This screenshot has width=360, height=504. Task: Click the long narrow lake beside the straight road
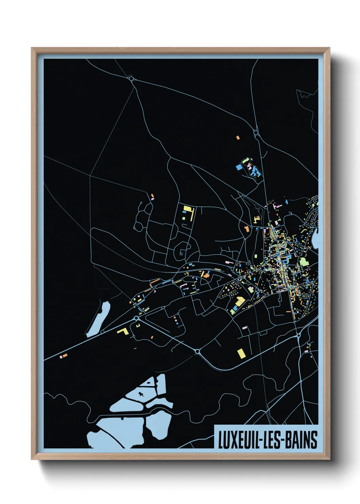click(99, 319)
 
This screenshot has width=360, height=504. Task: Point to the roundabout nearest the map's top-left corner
click(131, 79)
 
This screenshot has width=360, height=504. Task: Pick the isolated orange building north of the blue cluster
click(238, 138)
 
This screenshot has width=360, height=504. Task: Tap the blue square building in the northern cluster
click(239, 167)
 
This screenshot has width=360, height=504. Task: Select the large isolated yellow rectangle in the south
click(241, 353)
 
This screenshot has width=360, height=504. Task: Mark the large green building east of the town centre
click(304, 262)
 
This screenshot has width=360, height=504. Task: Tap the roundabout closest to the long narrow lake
click(136, 318)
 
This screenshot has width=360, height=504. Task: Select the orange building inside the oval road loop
click(246, 228)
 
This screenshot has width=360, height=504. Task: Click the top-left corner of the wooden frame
click(32, 48)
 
